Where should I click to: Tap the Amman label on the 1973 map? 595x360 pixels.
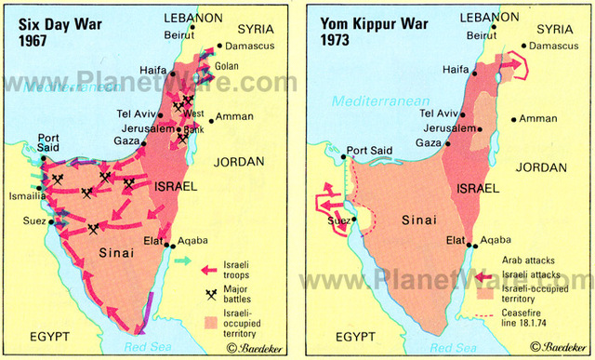(538, 118)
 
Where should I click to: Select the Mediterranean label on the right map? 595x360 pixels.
(376, 99)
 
